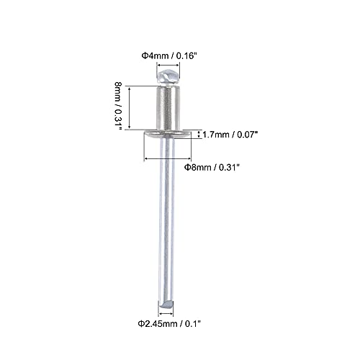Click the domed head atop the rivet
coord(168,76)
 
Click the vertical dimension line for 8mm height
coord(129,108)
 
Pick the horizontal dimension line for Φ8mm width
coord(168,158)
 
